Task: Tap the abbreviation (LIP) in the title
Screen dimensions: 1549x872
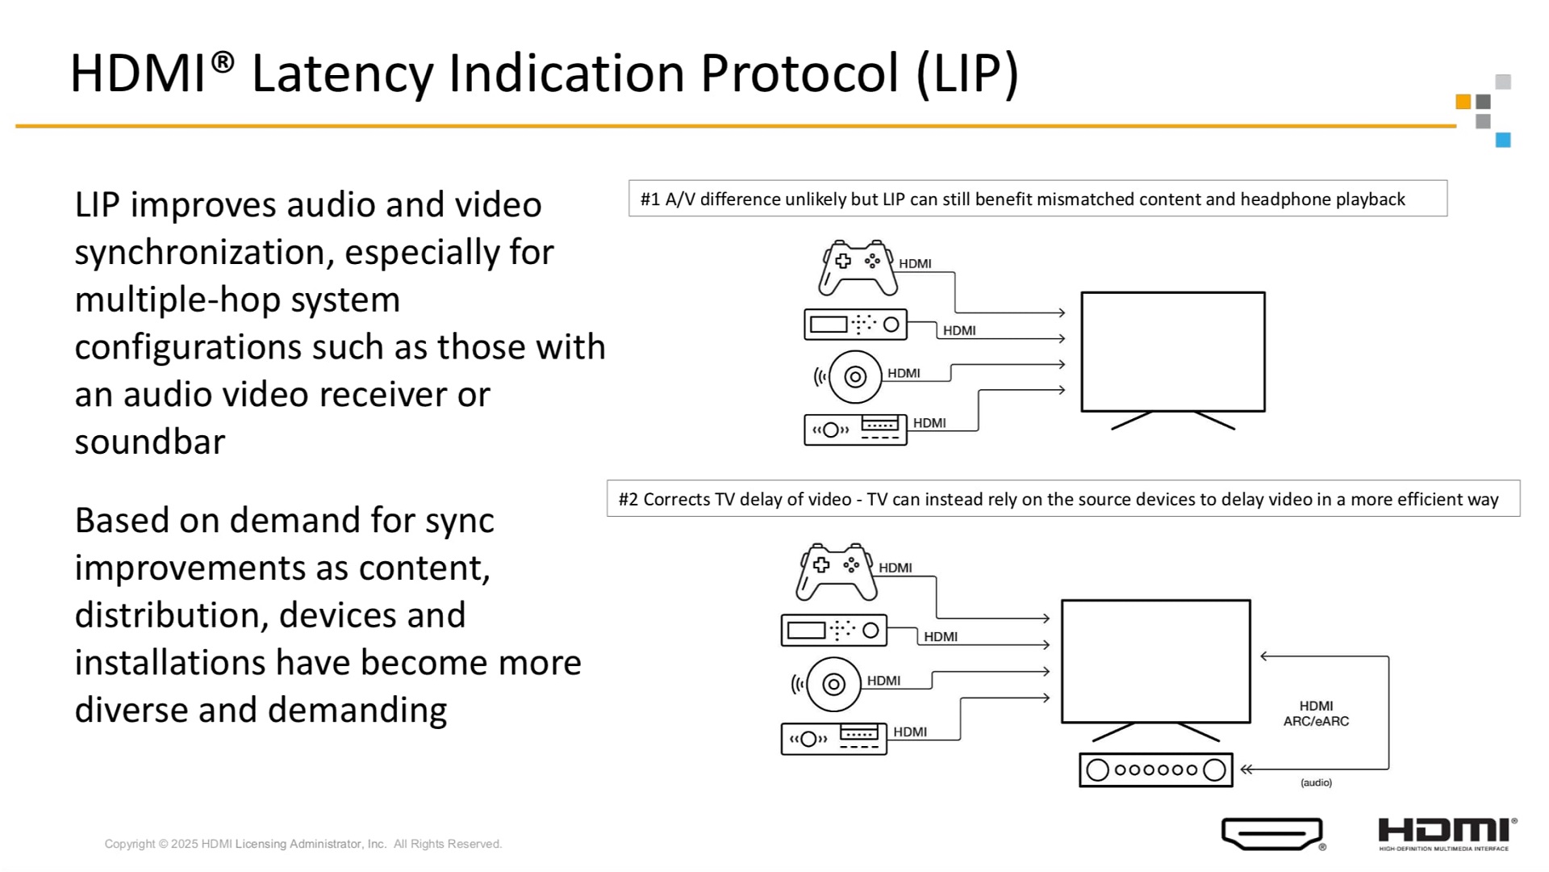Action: point(968,74)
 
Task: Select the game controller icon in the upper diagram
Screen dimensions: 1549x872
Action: point(857,267)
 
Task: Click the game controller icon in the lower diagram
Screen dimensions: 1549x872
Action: point(836,572)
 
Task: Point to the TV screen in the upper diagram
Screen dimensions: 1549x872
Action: point(1173,352)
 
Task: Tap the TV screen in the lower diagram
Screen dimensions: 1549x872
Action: point(1155,661)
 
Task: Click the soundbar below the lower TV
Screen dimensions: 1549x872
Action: point(1156,769)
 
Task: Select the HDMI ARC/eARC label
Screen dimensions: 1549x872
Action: point(1316,714)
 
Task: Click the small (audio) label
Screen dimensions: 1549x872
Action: point(1316,782)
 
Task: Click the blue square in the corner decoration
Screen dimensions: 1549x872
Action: point(1503,140)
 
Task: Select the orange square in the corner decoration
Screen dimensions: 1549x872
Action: point(1463,102)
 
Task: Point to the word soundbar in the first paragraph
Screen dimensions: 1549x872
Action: point(150,442)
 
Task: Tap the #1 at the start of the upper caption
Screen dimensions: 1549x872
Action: point(650,199)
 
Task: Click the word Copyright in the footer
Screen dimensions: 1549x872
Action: point(130,844)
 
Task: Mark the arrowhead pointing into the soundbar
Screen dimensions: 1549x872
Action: point(1246,769)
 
